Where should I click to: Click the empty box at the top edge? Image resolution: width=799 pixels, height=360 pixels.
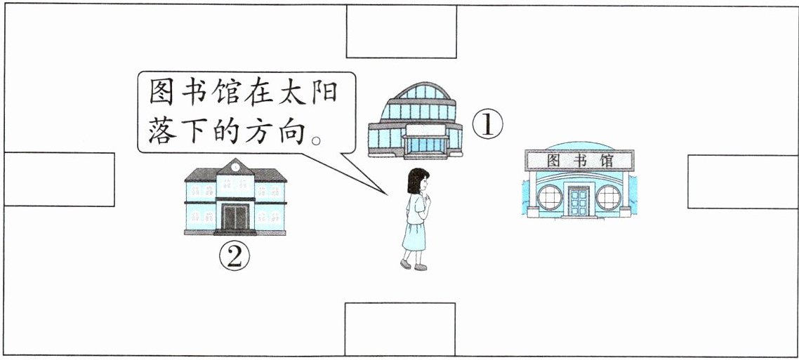pos(401,32)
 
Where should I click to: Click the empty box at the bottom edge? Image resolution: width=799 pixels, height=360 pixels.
pos(399,329)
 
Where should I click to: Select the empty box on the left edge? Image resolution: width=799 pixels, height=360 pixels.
pos(59,180)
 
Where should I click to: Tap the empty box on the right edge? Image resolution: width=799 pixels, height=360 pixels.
pos(743,182)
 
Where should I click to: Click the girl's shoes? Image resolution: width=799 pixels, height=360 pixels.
pos(413,265)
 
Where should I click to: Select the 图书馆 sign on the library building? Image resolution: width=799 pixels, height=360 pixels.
pos(579,161)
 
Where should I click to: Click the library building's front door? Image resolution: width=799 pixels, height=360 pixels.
pos(579,201)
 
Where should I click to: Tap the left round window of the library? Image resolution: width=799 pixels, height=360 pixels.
pos(550,198)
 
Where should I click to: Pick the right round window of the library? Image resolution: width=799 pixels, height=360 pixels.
pos(609,198)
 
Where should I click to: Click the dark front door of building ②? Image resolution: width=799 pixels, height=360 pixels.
pos(235,217)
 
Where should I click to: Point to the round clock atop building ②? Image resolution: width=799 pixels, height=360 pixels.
pos(235,167)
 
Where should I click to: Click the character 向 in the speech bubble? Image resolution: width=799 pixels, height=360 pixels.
pos(297,130)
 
